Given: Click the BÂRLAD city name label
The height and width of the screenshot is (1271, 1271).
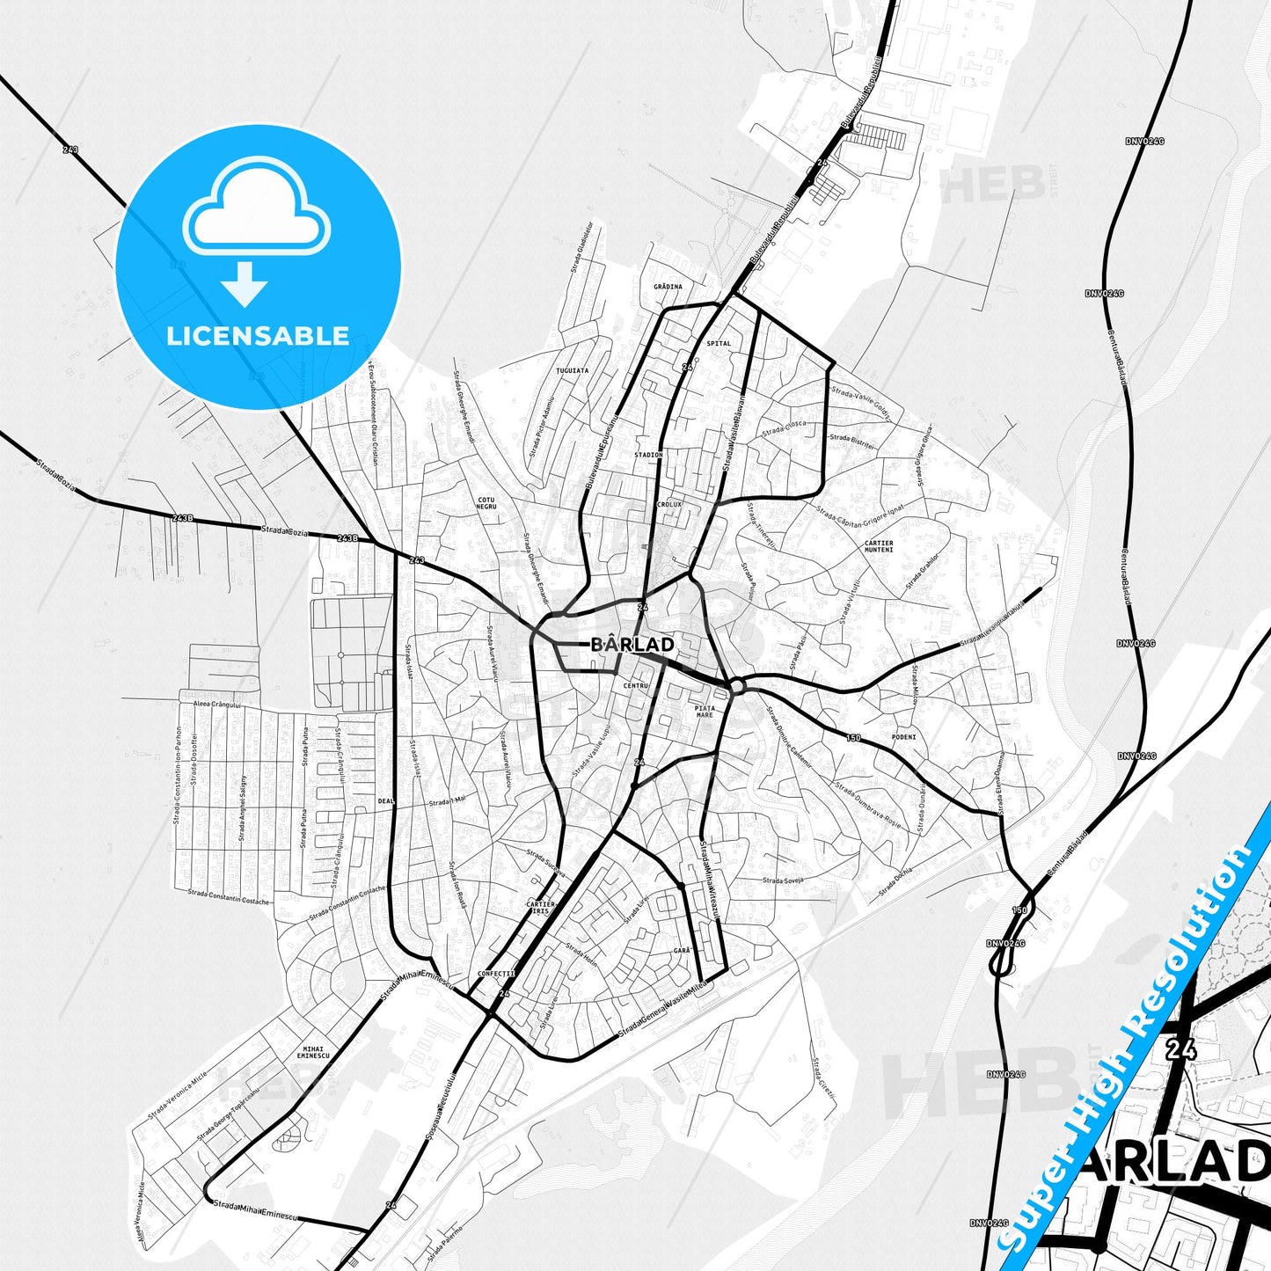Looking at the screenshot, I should tap(632, 645).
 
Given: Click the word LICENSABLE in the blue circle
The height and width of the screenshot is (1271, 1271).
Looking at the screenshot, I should tap(258, 336).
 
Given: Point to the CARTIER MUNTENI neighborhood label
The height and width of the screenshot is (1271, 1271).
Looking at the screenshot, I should tap(879, 546).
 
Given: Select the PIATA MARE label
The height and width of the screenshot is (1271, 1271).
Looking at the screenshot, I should tap(705, 712).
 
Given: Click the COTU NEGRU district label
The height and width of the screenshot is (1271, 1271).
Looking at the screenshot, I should tap(486, 503).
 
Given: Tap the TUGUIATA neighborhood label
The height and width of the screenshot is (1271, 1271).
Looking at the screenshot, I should tap(572, 371).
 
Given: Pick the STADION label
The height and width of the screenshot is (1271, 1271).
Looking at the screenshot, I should tap(648, 455).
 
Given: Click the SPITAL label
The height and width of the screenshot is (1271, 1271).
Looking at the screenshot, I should tap(719, 343).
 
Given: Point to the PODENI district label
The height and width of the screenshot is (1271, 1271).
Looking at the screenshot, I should tap(903, 737).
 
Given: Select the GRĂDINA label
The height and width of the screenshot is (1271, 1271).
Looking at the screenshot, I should tap(668, 287).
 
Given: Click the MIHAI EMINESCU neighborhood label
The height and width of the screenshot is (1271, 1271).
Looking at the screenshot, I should tap(313, 1052).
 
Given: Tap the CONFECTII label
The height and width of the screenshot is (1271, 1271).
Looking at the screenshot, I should tap(495, 974).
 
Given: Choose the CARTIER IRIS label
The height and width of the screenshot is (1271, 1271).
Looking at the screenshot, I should tap(540, 908).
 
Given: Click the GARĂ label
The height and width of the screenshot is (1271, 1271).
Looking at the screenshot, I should tap(682, 951).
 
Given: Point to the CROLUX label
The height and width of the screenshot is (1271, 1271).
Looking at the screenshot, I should tap(669, 505).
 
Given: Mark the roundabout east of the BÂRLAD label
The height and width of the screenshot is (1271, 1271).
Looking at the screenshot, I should tap(737, 686).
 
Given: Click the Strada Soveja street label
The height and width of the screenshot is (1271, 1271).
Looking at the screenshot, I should tap(783, 880).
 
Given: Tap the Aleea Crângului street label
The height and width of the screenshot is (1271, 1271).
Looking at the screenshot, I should tap(210, 705).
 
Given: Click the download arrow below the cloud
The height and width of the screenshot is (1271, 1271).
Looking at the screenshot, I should tap(245, 282).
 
